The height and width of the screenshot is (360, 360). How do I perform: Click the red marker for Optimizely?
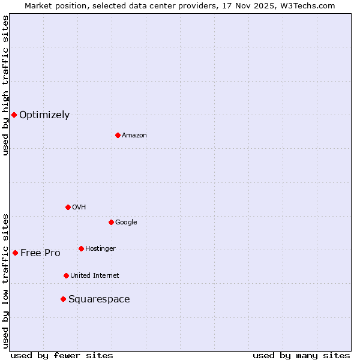coord(14,115)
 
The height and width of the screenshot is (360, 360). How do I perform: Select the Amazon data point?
coord(118,135)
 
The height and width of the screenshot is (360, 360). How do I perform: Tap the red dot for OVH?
coord(68,207)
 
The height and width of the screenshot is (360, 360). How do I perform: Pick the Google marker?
coord(111,222)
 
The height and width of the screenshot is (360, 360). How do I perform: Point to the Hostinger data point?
coord(81,248)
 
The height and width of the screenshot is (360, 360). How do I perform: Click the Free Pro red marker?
coord(15,253)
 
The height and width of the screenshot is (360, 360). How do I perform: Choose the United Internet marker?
coord(66,275)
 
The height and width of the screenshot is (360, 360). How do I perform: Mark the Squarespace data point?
coord(63,299)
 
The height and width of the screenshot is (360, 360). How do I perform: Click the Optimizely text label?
coord(44,115)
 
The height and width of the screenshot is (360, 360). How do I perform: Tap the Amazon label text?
coord(134,136)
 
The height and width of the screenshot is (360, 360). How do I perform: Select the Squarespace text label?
coord(99,299)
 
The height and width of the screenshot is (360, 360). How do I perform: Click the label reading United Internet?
coord(95,276)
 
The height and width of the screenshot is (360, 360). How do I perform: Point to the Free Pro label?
coord(40,253)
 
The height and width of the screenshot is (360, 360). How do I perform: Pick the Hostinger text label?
coord(100,249)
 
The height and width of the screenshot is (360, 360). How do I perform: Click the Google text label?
coord(126,223)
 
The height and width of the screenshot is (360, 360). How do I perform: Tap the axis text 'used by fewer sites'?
coord(62,355)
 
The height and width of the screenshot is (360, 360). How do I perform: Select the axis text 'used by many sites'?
coord(301,355)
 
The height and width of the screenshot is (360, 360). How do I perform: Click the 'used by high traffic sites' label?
coord(6,85)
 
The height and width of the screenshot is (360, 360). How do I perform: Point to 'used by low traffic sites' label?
coord(6,280)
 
